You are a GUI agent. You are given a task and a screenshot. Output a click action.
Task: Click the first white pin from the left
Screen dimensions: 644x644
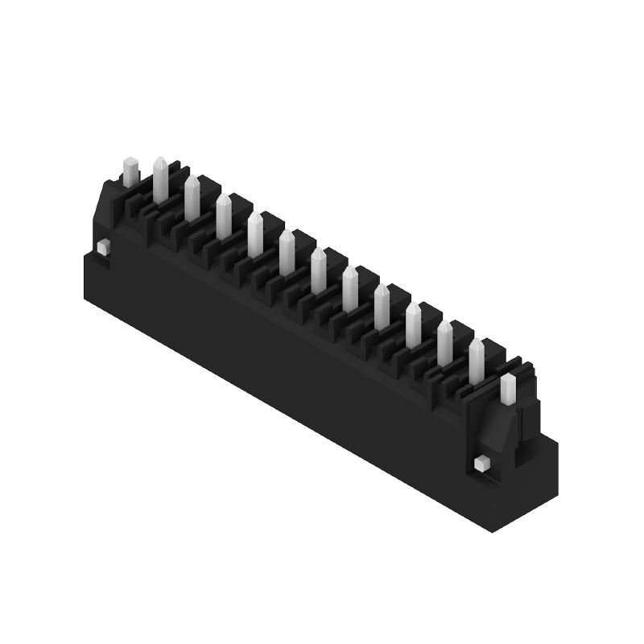click(130, 172)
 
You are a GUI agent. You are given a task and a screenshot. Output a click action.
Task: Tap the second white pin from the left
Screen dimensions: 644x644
click(160, 180)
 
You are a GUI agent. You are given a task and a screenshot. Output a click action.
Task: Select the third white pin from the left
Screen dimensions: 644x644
click(192, 199)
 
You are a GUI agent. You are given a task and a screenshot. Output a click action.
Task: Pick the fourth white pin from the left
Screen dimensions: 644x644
click(223, 217)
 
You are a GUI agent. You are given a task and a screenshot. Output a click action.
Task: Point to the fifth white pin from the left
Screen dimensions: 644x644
click(255, 235)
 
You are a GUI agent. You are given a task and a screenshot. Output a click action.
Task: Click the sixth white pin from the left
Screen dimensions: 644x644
click(287, 254)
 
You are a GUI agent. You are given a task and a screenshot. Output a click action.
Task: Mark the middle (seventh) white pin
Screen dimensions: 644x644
click(318, 271)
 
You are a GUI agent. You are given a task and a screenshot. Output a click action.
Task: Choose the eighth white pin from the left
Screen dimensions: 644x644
click(349, 290)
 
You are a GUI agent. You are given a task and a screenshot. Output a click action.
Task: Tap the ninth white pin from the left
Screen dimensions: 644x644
click(382, 308)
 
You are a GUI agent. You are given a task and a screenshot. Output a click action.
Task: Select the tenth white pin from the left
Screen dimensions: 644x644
click(413, 326)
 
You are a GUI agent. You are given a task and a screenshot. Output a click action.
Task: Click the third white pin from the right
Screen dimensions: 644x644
click(444, 344)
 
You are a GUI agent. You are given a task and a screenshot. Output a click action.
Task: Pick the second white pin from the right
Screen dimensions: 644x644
click(477, 361)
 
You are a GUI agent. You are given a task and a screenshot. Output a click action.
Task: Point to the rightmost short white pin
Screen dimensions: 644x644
click(507, 390)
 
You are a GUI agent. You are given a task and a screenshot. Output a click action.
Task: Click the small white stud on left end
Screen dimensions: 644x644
click(102, 247)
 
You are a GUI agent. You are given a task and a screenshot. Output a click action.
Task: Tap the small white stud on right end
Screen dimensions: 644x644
click(481, 464)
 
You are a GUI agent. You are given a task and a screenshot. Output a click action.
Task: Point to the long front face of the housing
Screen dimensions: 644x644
click(282, 362)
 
